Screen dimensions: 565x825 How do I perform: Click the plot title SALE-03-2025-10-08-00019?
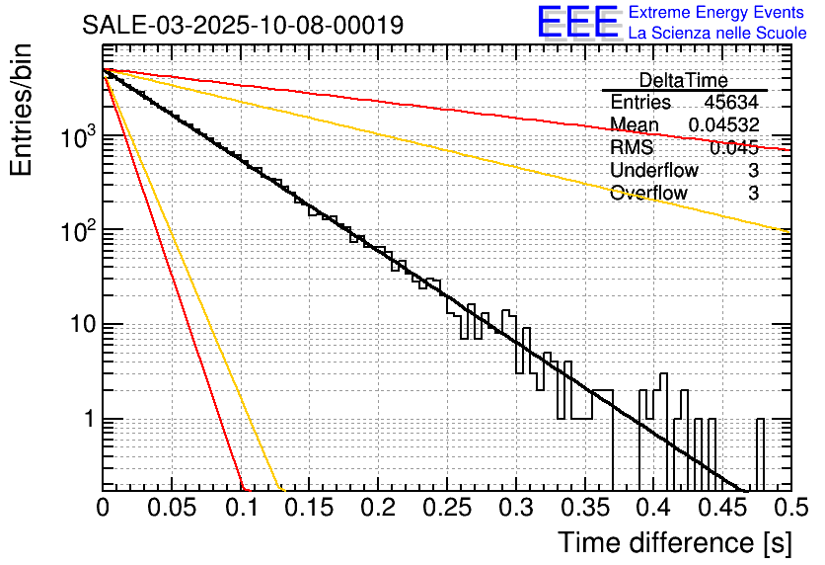coord(243,25)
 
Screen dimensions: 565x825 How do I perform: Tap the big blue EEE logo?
coord(577,24)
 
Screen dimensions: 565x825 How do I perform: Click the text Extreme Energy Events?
coord(716,13)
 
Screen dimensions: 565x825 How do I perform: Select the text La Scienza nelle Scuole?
coord(717,34)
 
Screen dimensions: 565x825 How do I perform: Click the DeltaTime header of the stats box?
coord(683,80)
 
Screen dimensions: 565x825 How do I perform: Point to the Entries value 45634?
coord(731,103)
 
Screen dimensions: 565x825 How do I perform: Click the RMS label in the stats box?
coord(632,147)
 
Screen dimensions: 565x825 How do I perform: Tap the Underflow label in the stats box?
coord(654,170)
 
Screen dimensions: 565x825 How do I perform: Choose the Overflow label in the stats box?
coord(648,193)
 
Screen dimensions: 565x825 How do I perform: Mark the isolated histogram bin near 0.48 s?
coord(760,453)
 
